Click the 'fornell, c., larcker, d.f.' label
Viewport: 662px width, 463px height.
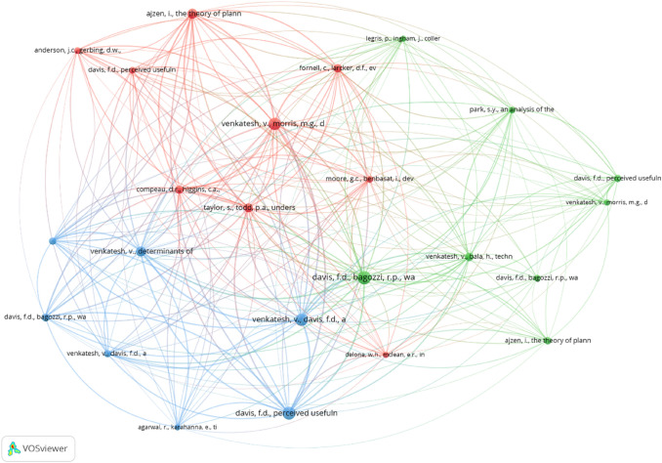337,67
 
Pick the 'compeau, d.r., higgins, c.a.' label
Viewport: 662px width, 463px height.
179,189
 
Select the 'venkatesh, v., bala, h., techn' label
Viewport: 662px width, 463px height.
469,256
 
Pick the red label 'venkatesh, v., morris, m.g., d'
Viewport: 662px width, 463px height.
272,124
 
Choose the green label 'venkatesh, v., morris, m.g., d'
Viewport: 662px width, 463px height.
606,202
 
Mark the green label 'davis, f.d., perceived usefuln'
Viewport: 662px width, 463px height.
617,178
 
